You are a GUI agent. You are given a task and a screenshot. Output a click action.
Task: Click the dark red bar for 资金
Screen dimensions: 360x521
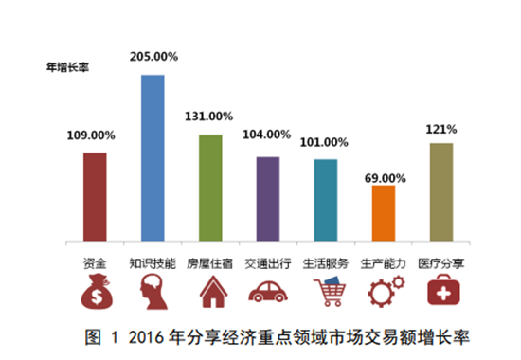[x=94, y=196]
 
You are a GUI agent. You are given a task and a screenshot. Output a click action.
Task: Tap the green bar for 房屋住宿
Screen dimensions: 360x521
[x=210, y=187]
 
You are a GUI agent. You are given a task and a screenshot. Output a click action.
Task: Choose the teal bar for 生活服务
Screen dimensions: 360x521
[x=326, y=199]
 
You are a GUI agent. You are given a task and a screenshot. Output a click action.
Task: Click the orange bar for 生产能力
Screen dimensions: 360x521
[x=384, y=212]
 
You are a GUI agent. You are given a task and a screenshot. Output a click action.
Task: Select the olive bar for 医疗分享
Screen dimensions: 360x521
[x=440, y=191]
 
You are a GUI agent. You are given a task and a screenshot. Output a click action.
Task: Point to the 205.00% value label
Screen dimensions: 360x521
[x=153, y=59]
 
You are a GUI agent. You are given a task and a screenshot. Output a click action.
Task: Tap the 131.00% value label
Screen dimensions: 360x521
[x=210, y=117]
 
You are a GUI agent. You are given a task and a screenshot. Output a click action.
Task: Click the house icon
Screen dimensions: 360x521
[x=210, y=292]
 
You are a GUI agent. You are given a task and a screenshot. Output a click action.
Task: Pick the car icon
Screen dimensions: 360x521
[x=268, y=292]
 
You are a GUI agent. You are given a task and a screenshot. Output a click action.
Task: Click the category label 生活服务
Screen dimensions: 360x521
[x=326, y=261]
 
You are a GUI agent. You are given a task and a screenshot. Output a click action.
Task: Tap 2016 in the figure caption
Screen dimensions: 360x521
[x=143, y=336]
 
